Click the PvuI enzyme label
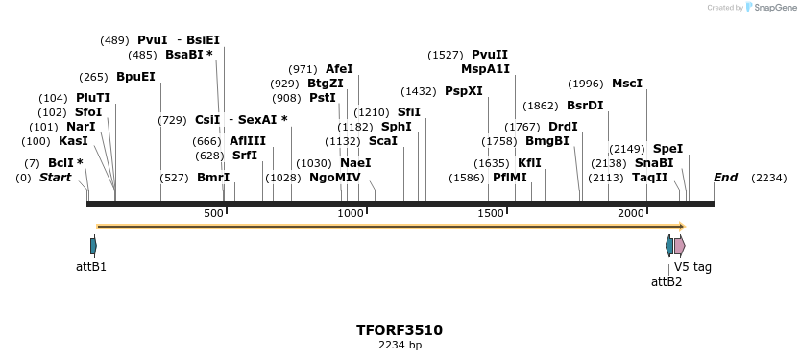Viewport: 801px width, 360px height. click(152, 40)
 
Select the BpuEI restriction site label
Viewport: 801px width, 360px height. click(135, 77)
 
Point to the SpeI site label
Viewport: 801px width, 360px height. click(667, 149)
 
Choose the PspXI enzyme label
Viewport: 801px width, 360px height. click(464, 91)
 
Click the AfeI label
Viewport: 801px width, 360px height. click(339, 69)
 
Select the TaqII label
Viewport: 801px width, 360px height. click(650, 178)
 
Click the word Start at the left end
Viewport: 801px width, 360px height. click(55, 178)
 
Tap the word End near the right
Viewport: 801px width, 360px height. click(725, 178)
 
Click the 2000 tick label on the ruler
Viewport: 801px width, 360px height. click(630, 213)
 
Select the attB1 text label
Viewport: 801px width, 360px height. click(91, 266)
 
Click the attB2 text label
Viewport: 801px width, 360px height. click(667, 281)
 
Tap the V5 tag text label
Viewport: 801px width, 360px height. click(692, 267)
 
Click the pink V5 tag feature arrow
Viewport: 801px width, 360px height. click(679, 246)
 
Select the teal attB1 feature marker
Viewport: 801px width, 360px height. click(93, 246)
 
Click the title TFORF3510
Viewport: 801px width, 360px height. click(400, 330)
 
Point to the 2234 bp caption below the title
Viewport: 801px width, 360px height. click(400, 346)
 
